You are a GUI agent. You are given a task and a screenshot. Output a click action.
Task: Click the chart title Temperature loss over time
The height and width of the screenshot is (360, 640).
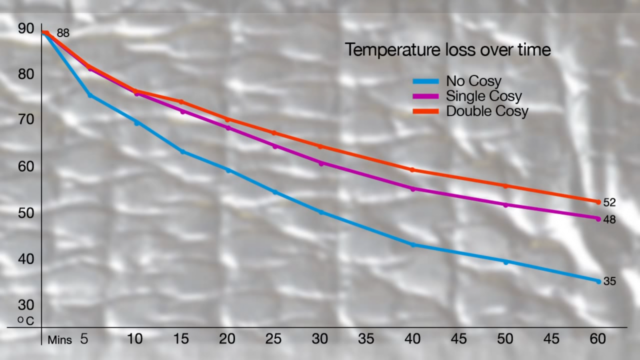tap(448, 50)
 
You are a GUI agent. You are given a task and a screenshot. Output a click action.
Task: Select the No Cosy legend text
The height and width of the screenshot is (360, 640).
tap(474, 81)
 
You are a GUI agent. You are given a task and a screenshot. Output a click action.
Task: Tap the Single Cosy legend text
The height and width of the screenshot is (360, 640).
tap(484, 96)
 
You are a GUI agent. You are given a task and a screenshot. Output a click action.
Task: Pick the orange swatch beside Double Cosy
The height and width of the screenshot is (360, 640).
tap(426, 111)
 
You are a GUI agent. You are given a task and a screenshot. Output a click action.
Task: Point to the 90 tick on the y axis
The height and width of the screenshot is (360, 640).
tap(26, 28)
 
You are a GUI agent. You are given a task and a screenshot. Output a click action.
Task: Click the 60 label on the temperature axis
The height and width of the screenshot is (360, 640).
tap(26, 166)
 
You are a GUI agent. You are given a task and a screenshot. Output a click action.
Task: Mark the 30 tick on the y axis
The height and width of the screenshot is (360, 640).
tap(26, 305)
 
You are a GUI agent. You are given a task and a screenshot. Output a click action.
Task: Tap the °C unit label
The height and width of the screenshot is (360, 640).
tap(26, 321)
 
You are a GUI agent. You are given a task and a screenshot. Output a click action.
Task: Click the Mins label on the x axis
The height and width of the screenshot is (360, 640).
tap(60, 340)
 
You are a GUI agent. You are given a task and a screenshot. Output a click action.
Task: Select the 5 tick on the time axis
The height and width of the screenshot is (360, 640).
tap(84, 339)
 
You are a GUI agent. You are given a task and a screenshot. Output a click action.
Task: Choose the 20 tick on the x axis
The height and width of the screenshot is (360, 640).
tap(227, 339)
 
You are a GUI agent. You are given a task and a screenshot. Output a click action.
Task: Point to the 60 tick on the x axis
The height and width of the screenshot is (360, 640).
tap(598, 339)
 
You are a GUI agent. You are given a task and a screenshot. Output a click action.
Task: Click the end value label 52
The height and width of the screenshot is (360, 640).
tap(609, 202)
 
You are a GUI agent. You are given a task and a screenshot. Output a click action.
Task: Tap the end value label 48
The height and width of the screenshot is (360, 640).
tap(609, 220)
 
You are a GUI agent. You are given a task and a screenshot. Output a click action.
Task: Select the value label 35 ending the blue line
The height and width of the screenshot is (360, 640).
tap(609, 281)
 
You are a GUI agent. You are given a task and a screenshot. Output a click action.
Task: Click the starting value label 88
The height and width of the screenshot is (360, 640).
tap(63, 33)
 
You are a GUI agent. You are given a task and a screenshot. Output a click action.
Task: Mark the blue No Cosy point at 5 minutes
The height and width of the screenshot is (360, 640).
tap(90, 95)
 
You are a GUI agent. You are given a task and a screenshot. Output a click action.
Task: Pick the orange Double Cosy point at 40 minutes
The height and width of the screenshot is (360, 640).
tap(412, 170)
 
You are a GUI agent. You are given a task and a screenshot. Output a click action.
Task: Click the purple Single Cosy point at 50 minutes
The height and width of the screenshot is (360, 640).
tap(506, 205)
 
